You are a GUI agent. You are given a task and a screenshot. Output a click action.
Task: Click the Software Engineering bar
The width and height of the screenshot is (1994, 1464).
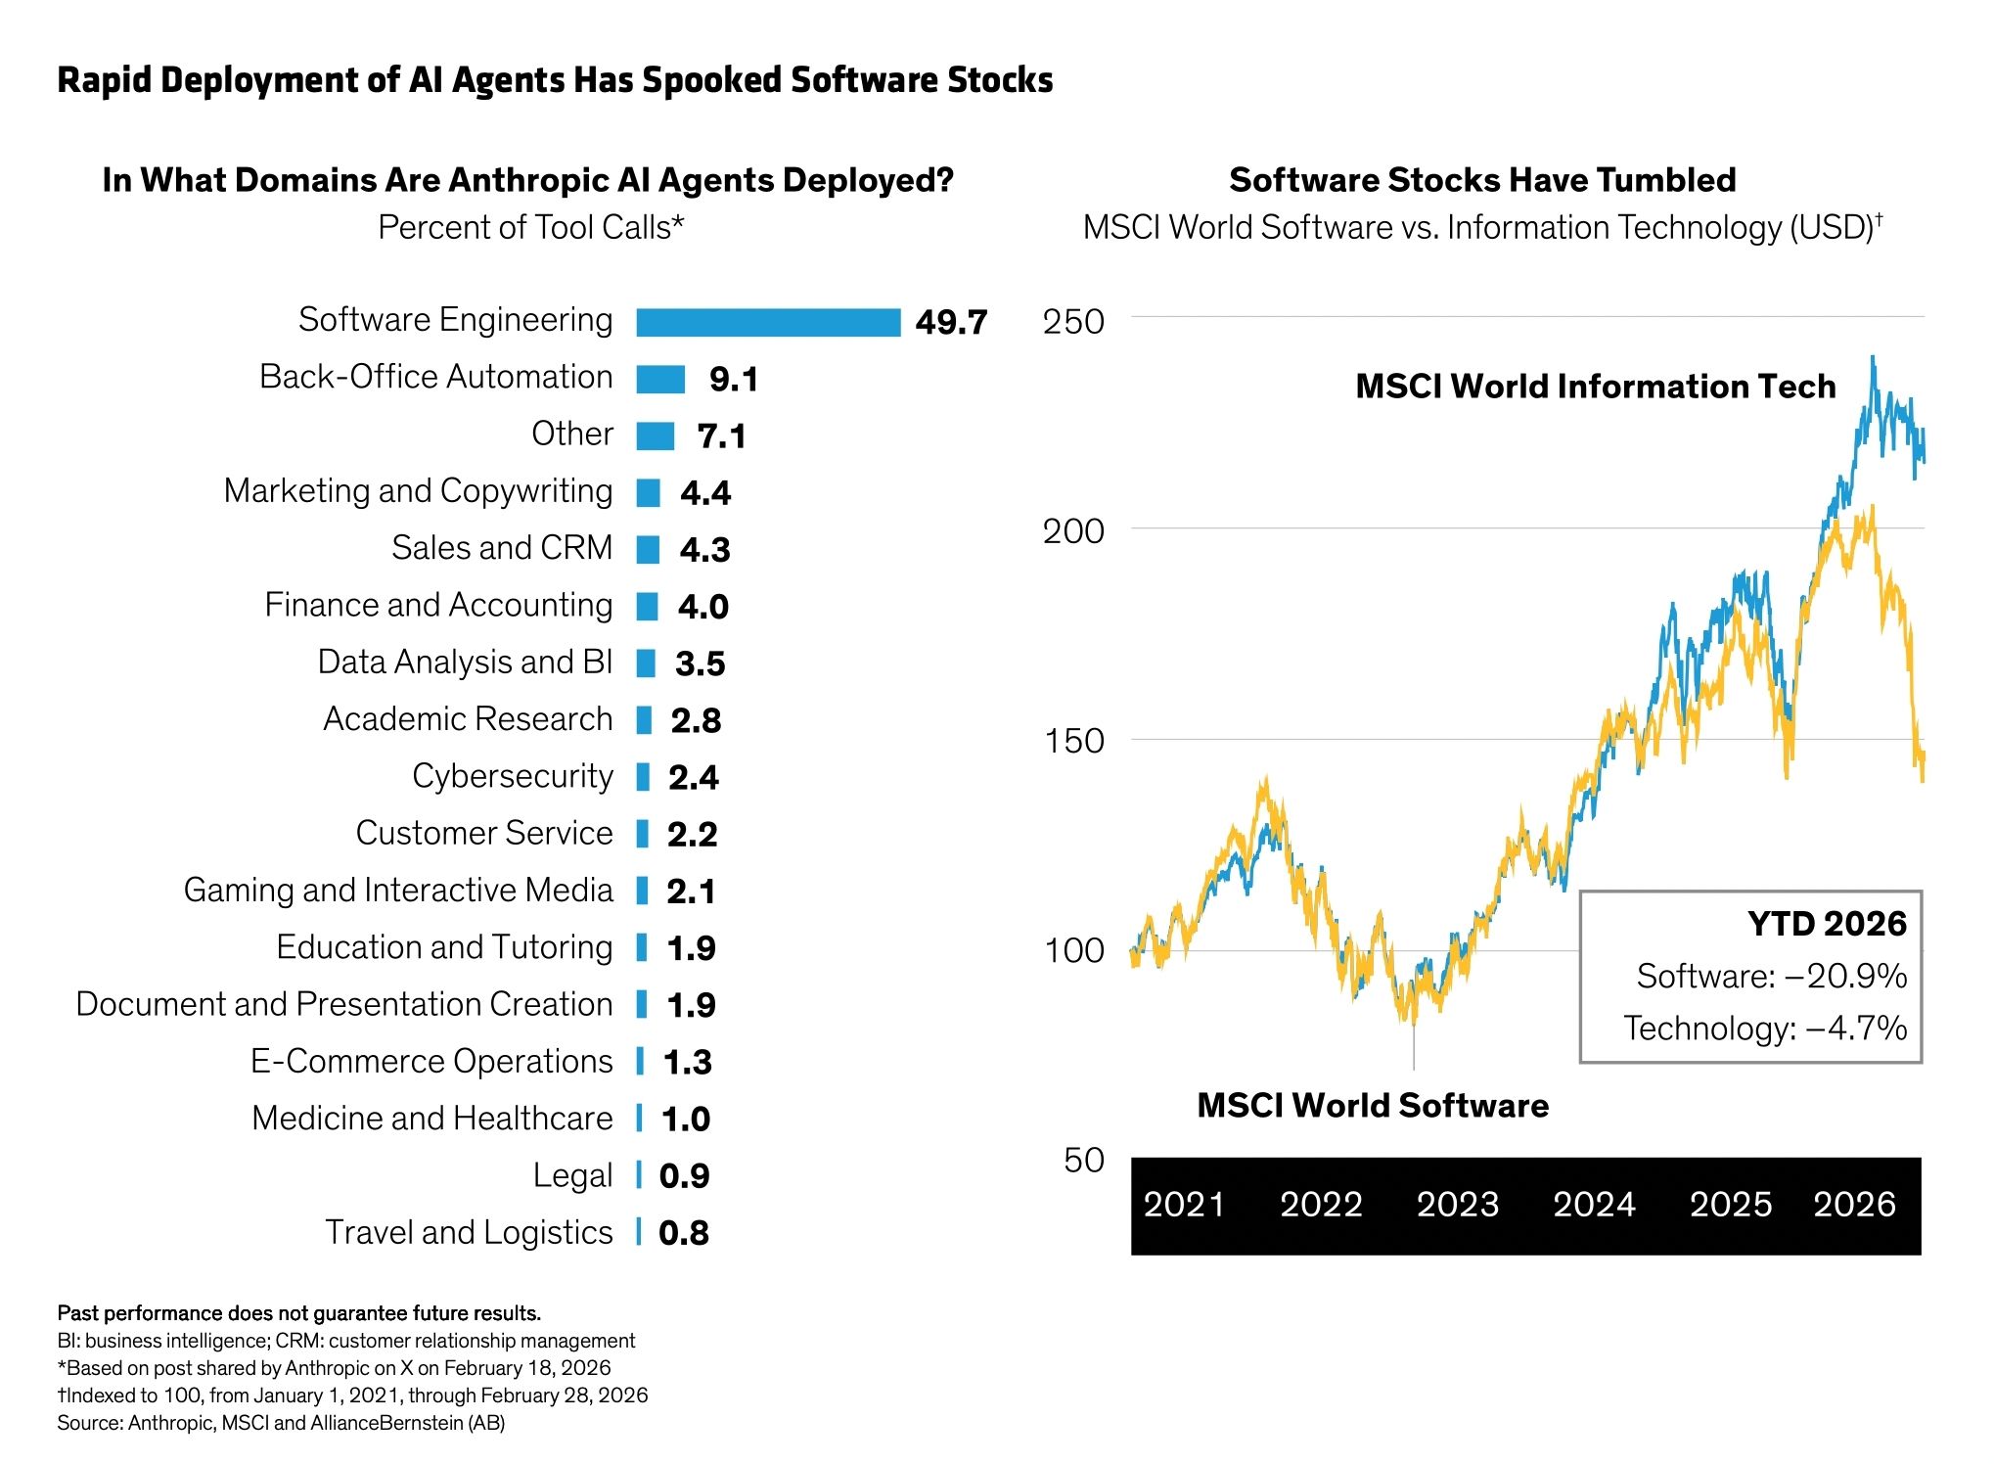(x=768, y=322)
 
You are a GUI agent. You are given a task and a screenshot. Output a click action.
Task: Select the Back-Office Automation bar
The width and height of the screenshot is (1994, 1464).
(x=660, y=379)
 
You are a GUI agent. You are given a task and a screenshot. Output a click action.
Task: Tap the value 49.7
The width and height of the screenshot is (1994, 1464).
(x=951, y=322)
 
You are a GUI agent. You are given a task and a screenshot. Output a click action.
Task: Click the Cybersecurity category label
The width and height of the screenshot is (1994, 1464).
(x=512, y=776)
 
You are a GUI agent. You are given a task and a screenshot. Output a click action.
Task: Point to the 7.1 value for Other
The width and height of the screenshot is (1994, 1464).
(x=721, y=435)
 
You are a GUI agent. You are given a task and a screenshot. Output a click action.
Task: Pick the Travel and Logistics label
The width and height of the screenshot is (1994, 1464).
(x=469, y=1232)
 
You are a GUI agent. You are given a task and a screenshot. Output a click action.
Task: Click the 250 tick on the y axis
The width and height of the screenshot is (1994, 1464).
(x=1072, y=321)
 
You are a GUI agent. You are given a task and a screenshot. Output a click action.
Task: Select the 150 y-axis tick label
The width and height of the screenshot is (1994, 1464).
(x=1073, y=741)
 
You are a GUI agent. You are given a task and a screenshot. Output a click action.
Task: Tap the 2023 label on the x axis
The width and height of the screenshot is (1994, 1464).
(x=1458, y=1204)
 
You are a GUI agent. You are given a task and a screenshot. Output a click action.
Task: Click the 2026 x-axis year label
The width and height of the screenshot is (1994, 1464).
(x=1854, y=1204)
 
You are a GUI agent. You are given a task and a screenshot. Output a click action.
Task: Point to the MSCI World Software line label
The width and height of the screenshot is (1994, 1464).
(x=1373, y=1106)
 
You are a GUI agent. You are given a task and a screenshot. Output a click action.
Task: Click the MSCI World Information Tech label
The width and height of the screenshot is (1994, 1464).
(x=1595, y=387)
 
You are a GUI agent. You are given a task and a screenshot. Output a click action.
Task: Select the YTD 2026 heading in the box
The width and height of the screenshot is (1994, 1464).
(x=1827, y=924)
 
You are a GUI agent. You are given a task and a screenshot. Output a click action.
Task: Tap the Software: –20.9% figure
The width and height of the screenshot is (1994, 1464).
(x=1771, y=976)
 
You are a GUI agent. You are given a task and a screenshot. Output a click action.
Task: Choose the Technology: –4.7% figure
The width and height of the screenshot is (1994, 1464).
(x=1765, y=1028)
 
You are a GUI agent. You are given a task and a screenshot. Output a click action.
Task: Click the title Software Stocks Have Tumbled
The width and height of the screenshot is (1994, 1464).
(x=1482, y=180)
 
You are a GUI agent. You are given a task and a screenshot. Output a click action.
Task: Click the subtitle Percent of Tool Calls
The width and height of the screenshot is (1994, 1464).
(x=530, y=227)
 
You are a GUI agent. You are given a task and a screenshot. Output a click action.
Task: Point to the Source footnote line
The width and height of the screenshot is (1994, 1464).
(x=281, y=1423)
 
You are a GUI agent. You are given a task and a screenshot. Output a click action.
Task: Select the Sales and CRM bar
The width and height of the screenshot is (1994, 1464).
(x=648, y=549)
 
